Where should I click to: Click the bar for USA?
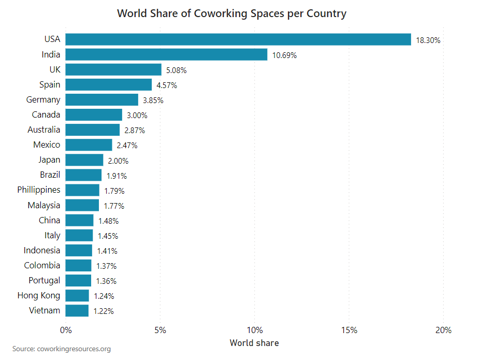click(x=238, y=39)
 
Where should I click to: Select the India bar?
click(x=166, y=54)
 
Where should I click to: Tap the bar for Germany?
click(x=102, y=99)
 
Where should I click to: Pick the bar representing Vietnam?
click(x=77, y=311)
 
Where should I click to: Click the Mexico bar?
click(x=89, y=145)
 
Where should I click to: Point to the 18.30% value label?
click(x=428, y=40)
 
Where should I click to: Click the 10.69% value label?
click(x=284, y=55)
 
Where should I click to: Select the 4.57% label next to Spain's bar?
click(x=167, y=85)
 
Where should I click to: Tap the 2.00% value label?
click(x=118, y=161)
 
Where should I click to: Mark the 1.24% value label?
click(x=104, y=296)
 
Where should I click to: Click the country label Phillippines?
click(x=39, y=190)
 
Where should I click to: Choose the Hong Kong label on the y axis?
click(x=39, y=296)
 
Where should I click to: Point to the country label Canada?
click(x=46, y=114)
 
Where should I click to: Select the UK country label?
click(x=54, y=69)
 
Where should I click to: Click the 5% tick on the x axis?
click(x=160, y=330)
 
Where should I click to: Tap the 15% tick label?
click(x=349, y=330)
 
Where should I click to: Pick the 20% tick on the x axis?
click(x=443, y=330)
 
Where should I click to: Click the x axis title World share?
click(x=254, y=343)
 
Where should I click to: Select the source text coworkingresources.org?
click(x=74, y=349)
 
